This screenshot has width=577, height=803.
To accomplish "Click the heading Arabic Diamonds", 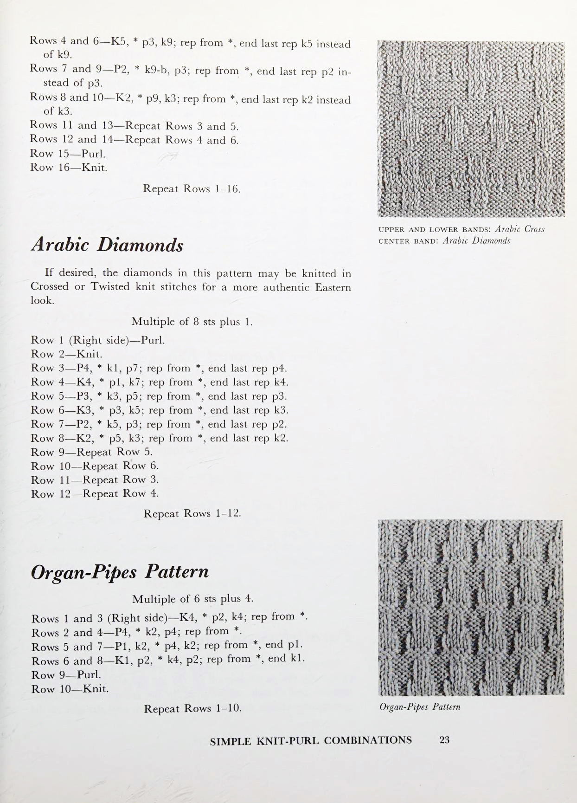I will (x=107, y=245).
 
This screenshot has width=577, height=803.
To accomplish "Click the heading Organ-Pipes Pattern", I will (x=120, y=571).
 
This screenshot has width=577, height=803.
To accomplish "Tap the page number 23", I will (x=444, y=740).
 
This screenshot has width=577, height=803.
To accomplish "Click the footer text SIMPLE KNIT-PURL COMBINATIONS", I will (x=311, y=741).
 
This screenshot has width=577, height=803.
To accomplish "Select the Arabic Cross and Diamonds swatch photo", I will (x=471, y=129).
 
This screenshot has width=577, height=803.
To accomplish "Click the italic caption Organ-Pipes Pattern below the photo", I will (x=420, y=707).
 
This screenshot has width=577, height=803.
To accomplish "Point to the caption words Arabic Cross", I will (x=519, y=229).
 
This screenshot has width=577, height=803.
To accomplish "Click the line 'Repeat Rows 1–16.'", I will (x=192, y=189).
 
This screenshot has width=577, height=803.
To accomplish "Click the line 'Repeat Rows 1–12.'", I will (x=192, y=514).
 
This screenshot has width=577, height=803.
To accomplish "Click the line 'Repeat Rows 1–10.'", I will (x=192, y=709).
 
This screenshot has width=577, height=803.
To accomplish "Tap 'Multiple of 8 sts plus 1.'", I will (x=192, y=322).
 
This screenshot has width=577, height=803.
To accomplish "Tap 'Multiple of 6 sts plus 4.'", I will (x=193, y=599).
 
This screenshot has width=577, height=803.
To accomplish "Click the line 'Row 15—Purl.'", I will (x=68, y=154).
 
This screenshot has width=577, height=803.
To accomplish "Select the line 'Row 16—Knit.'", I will (x=69, y=168).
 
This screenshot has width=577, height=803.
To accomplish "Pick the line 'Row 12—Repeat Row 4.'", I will (x=95, y=494).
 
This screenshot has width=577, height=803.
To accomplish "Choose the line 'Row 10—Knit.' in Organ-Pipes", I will (x=70, y=689).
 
